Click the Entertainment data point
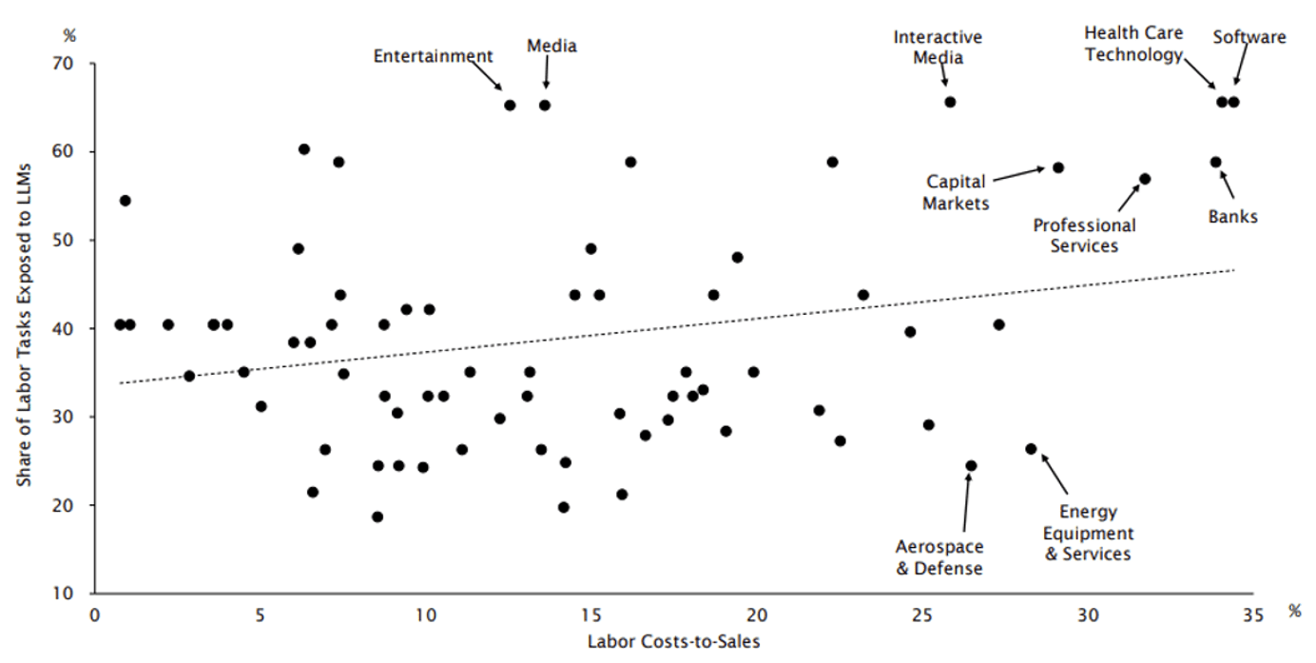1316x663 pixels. (x=510, y=106)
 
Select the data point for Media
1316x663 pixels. (x=545, y=106)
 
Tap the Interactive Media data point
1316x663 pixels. (x=950, y=102)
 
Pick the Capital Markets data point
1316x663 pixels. (x=1058, y=167)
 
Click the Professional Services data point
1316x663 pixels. (x=1145, y=179)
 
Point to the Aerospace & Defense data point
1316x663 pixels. (x=971, y=466)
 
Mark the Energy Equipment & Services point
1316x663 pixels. (x=1031, y=449)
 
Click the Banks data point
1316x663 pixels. (x=1215, y=163)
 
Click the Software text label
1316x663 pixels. (x=1249, y=37)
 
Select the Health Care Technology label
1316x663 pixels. (x=1133, y=45)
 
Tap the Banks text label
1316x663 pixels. (x=1233, y=217)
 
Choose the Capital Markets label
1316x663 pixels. (x=956, y=191)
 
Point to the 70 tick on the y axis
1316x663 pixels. (x=74, y=64)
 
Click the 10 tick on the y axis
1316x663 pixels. (x=74, y=594)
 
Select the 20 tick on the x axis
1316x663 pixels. (x=757, y=615)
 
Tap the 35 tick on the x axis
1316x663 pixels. (x=1253, y=615)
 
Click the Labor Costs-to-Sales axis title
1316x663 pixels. (x=674, y=641)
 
